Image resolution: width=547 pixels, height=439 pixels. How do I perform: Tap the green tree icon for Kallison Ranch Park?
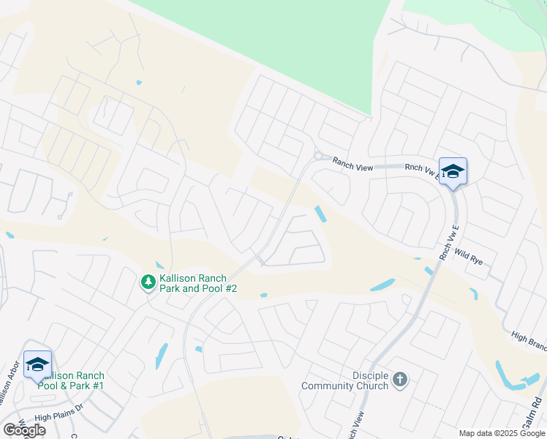[148, 281]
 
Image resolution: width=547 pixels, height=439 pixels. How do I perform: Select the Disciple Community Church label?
[345, 380]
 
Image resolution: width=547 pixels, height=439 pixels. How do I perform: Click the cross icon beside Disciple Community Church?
[399, 379]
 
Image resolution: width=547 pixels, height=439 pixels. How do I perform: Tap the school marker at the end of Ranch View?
[453, 172]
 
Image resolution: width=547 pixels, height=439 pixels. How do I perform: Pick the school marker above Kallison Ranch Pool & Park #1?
[38, 364]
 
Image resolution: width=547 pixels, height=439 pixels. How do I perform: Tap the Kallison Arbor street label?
[9, 388]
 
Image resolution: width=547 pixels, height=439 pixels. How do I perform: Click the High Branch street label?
[529, 337]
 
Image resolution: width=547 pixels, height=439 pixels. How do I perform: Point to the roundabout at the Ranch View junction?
[318, 156]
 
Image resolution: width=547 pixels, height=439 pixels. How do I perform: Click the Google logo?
[24, 430]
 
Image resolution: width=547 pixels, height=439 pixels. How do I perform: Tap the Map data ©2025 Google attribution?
[502, 433]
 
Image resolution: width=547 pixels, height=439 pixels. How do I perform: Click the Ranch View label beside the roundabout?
[352, 165]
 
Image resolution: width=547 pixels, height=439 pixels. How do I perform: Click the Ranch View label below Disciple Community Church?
[354, 424]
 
